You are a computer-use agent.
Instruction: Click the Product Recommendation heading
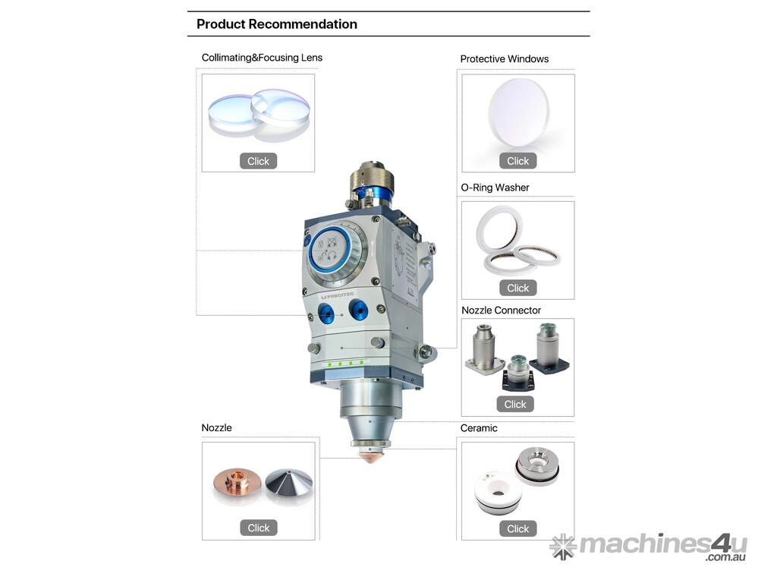(276, 24)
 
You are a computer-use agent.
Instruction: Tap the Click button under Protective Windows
(517, 161)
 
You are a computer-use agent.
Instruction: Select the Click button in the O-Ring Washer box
(517, 288)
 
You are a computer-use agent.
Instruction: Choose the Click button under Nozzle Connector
(515, 404)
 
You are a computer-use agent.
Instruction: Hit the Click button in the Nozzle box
(259, 528)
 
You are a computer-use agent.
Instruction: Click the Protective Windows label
(505, 59)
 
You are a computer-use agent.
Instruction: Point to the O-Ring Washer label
(495, 188)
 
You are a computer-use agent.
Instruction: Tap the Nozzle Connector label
(501, 310)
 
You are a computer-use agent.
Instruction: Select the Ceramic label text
(479, 428)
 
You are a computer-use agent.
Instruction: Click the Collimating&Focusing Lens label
(262, 58)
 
